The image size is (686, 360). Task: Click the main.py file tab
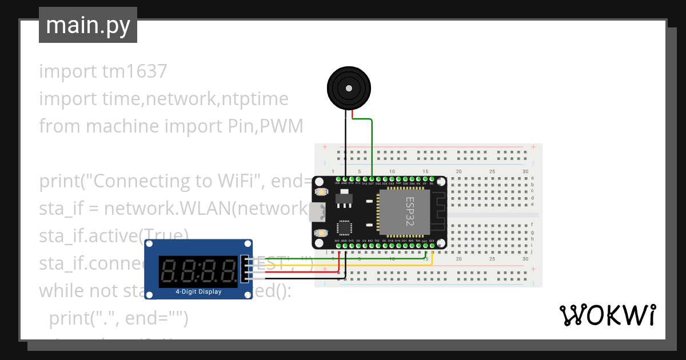point(87,25)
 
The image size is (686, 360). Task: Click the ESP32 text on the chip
point(410,211)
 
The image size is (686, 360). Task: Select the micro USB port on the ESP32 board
point(315,212)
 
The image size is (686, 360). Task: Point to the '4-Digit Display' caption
point(198,292)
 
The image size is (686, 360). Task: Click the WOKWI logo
point(607,315)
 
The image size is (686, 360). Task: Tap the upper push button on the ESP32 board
point(320,191)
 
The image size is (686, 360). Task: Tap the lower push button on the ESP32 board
point(320,233)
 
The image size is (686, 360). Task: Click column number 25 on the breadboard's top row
point(492,171)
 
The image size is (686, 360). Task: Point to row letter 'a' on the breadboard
point(532,178)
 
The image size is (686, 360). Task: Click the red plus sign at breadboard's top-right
point(533,147)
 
